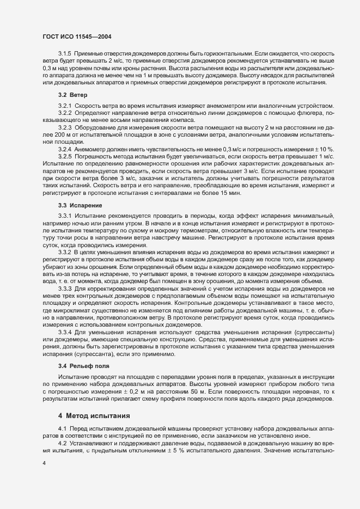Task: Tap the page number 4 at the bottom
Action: [x=44, y=463]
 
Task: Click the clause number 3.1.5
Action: [x=65, y=53]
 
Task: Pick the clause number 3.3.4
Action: [x=65, y=332]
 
